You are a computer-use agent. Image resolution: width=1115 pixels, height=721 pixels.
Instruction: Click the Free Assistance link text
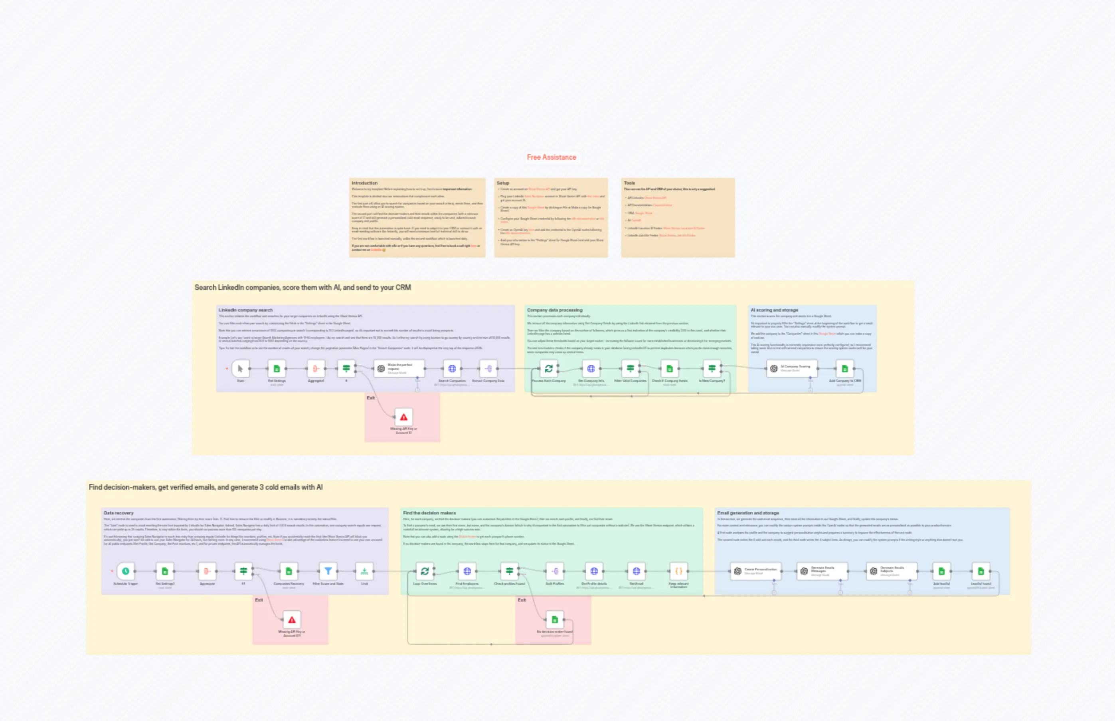(552, 157)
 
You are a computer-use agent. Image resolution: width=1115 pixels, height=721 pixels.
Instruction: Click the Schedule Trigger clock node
(126, 571)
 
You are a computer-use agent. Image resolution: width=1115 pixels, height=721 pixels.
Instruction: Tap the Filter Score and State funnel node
(328, 571)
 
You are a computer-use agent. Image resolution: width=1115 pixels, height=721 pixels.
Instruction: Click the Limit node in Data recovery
(364, 571)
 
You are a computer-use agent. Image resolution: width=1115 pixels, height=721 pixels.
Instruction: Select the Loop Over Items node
(425, 571)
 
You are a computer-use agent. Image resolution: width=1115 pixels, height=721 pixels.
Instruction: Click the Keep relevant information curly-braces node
(679, 571)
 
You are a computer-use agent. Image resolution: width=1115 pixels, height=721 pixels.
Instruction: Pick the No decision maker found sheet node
(555, 620)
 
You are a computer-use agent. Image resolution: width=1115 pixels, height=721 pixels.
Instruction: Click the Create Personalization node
(756, 571)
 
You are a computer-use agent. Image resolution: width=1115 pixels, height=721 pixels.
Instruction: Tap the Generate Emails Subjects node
(892, 571)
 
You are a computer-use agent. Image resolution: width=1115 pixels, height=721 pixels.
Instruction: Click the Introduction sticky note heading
(364, 183)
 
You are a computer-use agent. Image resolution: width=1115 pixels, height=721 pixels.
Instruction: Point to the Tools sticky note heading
(629, 183)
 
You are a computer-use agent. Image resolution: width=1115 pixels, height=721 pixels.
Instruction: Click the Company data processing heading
(555, 310)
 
